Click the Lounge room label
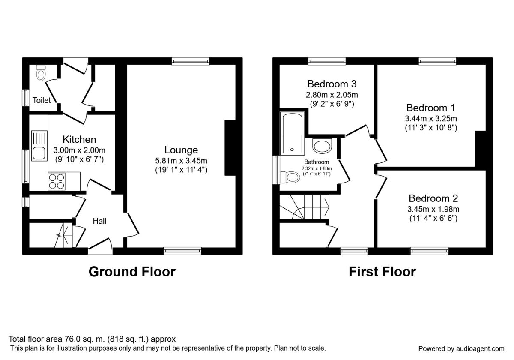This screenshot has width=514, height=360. (x=181, y=150)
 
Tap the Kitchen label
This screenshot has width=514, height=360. (x=79, y=139)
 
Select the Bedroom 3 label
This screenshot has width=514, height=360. (x=332, y=84)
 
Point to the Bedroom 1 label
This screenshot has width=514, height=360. (x=431, y=108)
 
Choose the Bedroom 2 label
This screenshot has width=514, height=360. (x=433, y=198)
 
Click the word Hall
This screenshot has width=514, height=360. (x=99, y=221)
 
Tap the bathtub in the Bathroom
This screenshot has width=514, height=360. (x=292, y=133)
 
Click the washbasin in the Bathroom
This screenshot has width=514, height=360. (x=322, y=146)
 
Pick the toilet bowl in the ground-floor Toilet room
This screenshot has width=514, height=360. (x=41, y=72)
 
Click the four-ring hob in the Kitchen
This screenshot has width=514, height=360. (x=57, y=181)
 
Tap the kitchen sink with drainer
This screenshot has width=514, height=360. (x=39, y=146)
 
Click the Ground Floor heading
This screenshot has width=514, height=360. (x=132, y=272)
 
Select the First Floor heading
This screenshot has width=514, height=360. (x=382, y=272)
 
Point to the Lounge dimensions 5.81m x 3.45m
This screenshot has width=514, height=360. (x=181, y=160)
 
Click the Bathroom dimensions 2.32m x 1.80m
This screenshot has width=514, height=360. (x=317, y=168)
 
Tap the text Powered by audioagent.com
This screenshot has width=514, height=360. (x=461, y=349)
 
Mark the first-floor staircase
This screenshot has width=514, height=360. (x=304, y=207)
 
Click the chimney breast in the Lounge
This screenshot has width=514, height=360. (x=230, y=147)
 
